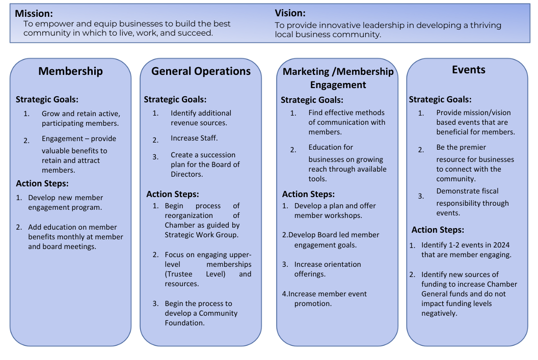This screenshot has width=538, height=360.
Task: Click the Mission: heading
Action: point(34,13)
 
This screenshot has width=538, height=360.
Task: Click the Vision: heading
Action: point(290,13)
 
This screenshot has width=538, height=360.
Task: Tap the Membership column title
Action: point(70,71)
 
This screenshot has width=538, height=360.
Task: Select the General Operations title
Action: point(201,71)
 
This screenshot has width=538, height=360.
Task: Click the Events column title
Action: point(468,70)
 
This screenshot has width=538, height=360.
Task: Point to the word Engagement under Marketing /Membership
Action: point(338,85)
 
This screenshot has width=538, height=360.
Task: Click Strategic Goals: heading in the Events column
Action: point(440,99)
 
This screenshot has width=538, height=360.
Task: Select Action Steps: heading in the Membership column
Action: point(42,183)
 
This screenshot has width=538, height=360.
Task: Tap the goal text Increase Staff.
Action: point(194,138)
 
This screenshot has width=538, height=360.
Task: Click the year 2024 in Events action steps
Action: point(501,245)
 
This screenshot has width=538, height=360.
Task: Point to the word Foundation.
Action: point(184,323)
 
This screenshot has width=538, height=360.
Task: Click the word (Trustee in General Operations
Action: point(178,274)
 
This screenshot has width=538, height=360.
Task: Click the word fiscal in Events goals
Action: point(490,191)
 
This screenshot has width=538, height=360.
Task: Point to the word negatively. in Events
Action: point(439,313)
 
